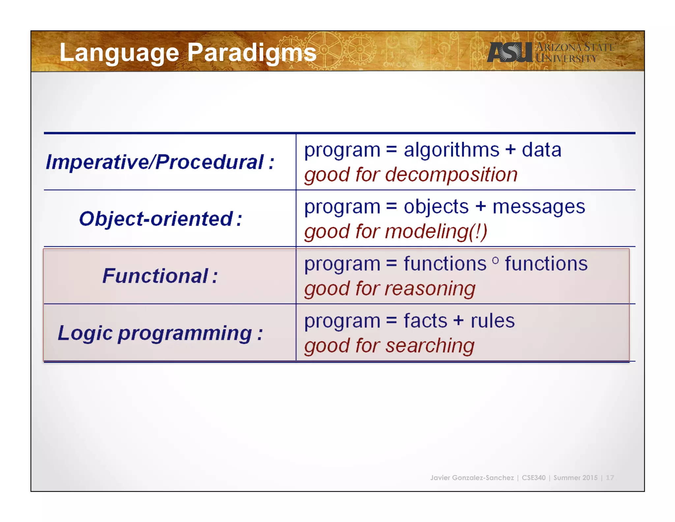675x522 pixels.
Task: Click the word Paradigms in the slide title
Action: [252, 53]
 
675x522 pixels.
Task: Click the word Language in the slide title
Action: [119, 53]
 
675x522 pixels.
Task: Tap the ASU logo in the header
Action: [510, 52]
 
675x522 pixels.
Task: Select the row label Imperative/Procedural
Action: [160, 162]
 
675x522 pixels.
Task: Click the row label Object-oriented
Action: [161, 219]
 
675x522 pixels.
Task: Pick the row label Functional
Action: [160, 276]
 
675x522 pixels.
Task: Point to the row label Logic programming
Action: [160, 333]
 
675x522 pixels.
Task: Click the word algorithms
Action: [452, 150]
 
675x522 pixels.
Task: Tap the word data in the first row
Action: [542, 150]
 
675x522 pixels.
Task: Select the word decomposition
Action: [451, 175]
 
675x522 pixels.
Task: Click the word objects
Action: [436, 207]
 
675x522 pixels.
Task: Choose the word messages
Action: [539, 207]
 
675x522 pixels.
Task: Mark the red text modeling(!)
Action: [436, 232]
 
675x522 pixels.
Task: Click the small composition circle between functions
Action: [495, 261]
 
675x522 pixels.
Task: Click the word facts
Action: [425, 321]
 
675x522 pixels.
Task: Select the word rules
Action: [492, 321]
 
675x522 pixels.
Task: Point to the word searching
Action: [430, 346]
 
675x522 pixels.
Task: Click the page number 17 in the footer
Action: [610, 477]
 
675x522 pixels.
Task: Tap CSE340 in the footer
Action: [534, 477]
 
